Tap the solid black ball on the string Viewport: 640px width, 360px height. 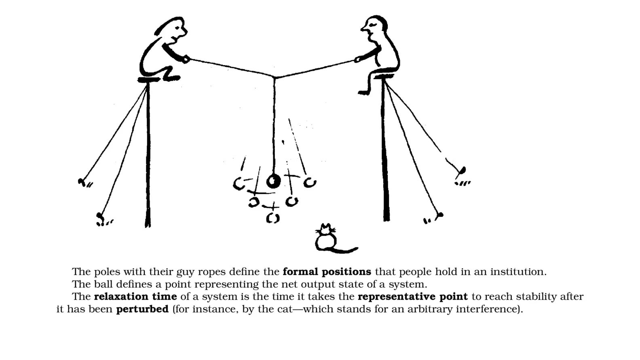pos(274,181)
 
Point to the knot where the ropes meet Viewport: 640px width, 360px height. pos(275,76)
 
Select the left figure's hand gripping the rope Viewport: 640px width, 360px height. pos(186,59)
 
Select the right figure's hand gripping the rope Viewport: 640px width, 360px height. pos(358,59)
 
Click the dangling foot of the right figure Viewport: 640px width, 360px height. pos(363,93)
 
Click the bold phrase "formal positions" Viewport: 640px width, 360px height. pos(327,272)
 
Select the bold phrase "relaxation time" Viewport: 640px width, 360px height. pos(135,297)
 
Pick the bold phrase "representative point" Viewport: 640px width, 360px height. pos(412,297)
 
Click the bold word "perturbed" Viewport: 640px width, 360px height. pos(142,309)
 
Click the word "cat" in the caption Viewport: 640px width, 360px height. pos(285,309)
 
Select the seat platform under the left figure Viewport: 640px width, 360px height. pos(150,80)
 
